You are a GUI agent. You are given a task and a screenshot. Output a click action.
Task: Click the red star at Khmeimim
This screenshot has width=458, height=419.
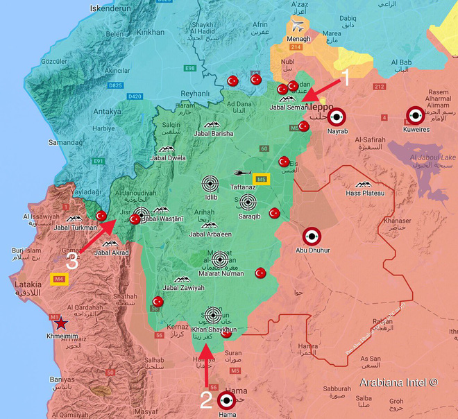(x=62, y=322)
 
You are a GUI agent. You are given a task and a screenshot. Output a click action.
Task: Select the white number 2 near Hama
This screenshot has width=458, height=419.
(x=205, y=400)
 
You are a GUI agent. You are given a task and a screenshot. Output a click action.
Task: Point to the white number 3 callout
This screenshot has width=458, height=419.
(x=72, y=260)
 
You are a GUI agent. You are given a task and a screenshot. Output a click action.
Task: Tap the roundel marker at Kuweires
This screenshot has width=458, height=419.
(x=415, y=115)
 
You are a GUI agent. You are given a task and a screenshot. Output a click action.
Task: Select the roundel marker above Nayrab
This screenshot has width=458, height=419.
(x=337, y=117)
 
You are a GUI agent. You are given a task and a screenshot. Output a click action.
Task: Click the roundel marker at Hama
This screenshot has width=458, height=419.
(x=227, y=400)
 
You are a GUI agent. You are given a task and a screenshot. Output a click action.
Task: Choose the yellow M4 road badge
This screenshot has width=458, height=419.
(x=59, y=279)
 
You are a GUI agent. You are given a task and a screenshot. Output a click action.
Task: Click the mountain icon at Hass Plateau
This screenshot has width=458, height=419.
(x=362, y=185)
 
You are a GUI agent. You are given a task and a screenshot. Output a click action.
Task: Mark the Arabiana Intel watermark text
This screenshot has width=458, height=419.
(x=398, y=382)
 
